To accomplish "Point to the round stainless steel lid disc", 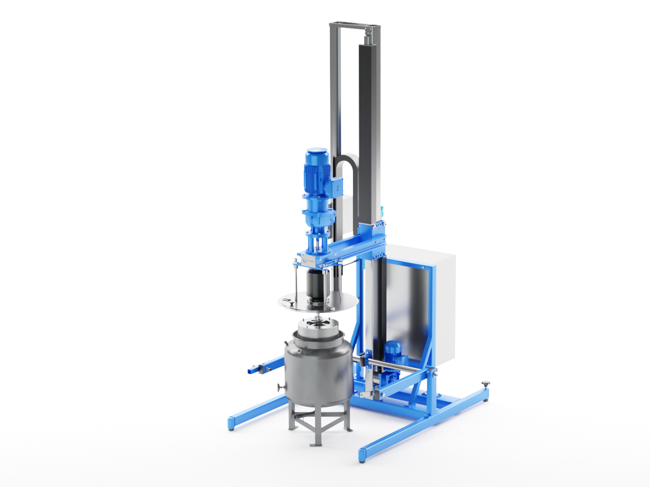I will click(318, 302).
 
